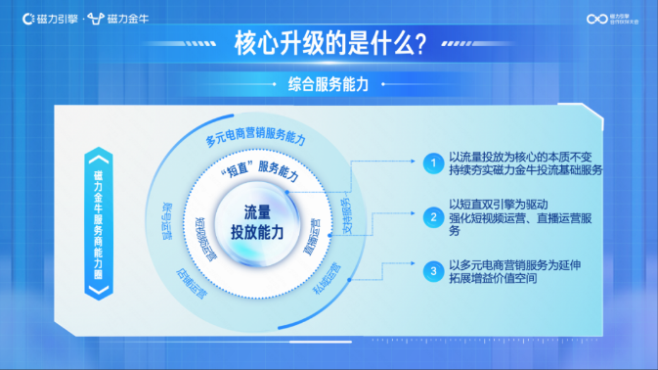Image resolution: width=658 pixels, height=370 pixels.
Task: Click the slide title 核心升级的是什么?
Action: point(329,44)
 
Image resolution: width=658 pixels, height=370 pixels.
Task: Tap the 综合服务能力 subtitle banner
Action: point(329,85)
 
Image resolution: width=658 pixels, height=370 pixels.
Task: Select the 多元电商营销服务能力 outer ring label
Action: point(255,138)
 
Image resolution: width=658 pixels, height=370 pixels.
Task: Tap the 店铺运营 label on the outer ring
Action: point(191,283)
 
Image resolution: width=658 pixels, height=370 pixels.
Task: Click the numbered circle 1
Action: point(430,163)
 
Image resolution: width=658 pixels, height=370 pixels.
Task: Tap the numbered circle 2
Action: point(430,216)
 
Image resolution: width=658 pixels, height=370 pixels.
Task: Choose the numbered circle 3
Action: point(430,269)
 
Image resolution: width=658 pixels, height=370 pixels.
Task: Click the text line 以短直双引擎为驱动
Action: point(504,204)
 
